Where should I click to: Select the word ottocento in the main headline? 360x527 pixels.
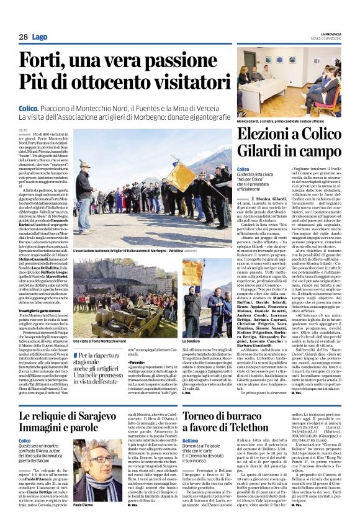(127, 82)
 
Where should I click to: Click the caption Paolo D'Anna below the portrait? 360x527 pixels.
(86, 507)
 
